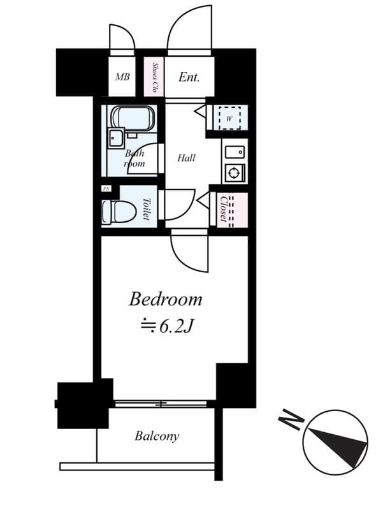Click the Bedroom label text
pos(166,298)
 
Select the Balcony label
pos(157,437)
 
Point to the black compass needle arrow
pos(338,442)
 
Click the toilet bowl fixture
pos(119,212)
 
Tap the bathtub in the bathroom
pos(133,118)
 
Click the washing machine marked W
pos(228,117)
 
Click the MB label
pos(122,78)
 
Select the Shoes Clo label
pos(155,78)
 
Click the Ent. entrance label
pos(189,77)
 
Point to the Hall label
pos(187,158)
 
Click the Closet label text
pos(224,208)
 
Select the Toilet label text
pos(146,208)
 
